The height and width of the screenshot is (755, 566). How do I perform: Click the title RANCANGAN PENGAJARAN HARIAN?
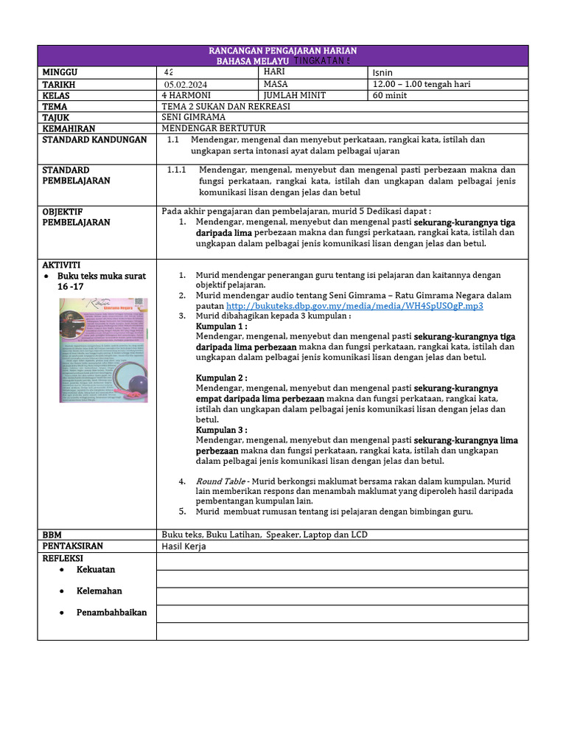pos(283,50)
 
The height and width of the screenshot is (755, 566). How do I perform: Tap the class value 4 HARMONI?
pos(186,96)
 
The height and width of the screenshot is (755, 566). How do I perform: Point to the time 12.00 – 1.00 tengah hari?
pos(422,85)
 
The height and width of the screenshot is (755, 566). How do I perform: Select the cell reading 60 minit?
pos(391,96)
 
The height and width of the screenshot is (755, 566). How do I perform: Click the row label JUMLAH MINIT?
pos(294,96)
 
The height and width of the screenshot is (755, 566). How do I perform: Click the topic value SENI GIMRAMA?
pos(193,117)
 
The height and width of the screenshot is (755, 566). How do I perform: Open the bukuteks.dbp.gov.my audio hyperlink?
pos(354,305)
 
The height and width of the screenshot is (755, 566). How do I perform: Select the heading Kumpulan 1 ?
pos(221,325)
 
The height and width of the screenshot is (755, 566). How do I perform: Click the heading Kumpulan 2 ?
pos(221,377)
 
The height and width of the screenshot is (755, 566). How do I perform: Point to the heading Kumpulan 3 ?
pos(221,430)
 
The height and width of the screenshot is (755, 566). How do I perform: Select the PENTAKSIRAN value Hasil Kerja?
pos(184,546)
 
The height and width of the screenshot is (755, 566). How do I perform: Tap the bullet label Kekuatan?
pos(96,569)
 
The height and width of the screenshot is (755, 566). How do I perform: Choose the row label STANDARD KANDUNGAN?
pos(94,139)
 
